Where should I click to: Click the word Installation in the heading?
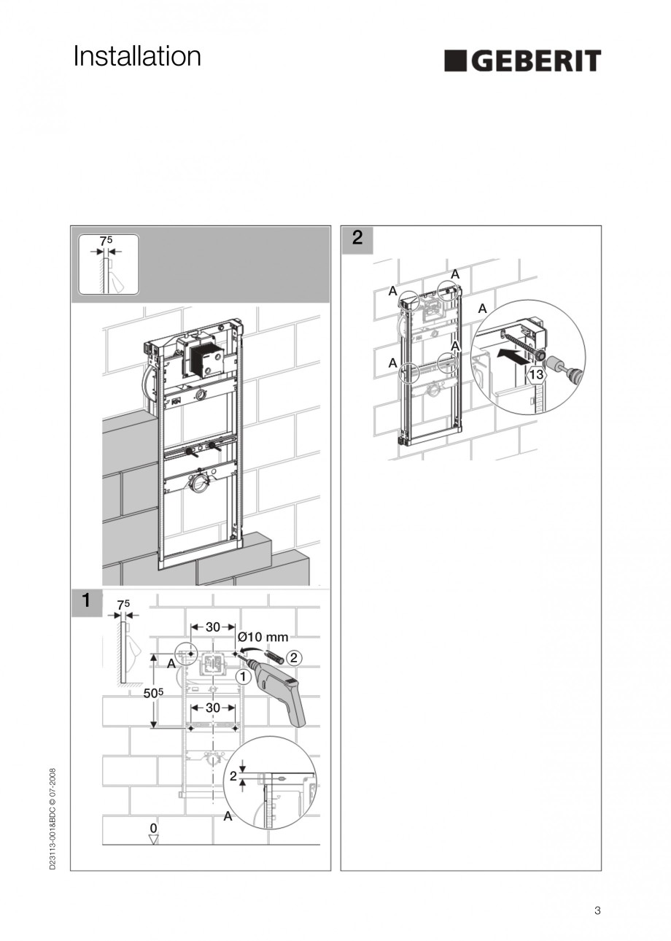pyautogui.click(x=137, y=57)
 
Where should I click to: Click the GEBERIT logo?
pyautogui.click(x=522, y=61)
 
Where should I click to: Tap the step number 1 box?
pyautogui.click(x=86, y=601)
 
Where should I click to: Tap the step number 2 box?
pyautogui.click(x=357, y=237)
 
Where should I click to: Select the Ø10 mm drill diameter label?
pyautogui.click(x=263, y=637)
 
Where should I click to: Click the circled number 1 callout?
pyautogui.click(x=244, y=676)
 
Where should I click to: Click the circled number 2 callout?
pyautogui.click(x=292, y=657)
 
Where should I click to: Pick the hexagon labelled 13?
pyautogui.click(x=536, y=376)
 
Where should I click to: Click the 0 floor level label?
pyautogui.click(x=153, y=828)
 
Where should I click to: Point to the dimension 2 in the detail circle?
pyautogui.click(x=233, y=776)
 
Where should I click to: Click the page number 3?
pyautogui.click(x=597, y=910)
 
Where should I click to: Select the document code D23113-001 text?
pyautogui.click(x=53, y=817)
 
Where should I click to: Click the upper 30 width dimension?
pyautogui.click(x=213, y=627)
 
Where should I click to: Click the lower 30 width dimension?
pyautogui.click(x=213, y=708)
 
